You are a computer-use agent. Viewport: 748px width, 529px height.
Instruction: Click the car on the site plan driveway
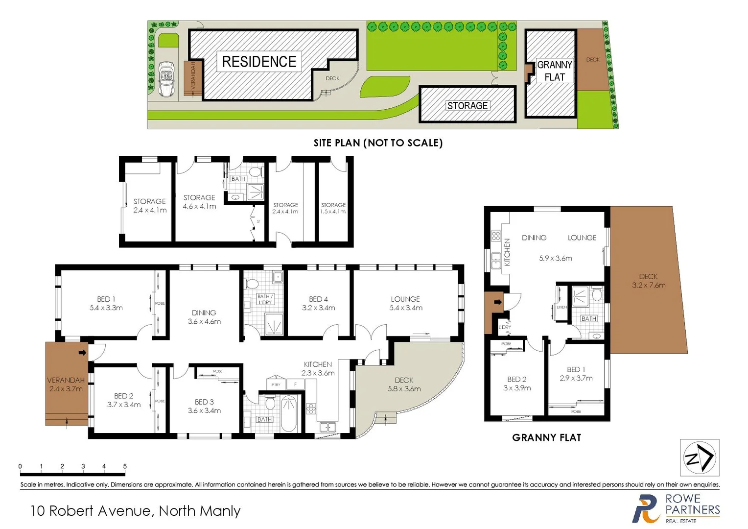tap(167, 79)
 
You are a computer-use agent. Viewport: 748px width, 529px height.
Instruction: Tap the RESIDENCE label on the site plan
tap(259, 62)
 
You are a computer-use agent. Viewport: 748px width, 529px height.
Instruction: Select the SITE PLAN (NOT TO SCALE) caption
tap(378, 143)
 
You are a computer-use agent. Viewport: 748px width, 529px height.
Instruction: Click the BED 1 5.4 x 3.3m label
tap(106, 303)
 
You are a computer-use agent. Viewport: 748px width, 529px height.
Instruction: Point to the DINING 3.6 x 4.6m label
tap(204, 317)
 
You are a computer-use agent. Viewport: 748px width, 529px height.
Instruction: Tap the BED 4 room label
tap(318, 303)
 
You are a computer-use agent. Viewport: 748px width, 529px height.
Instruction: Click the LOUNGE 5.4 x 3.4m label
tap(405, 303)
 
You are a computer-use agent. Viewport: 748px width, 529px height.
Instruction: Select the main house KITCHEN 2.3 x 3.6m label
tap(318, 368)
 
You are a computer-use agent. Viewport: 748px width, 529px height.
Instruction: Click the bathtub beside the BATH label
tap(289, 413)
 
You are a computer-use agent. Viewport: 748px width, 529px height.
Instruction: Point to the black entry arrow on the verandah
tap(82, 352)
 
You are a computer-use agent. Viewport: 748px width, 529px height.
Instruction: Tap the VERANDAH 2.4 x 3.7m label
tap(66, 384)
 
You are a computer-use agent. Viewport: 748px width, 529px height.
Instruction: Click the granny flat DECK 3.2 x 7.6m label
tap(648, 281)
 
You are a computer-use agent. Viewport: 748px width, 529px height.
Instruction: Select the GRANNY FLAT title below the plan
tap(546, 437)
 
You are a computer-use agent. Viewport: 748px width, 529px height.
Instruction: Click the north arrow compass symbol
tap(700, 457)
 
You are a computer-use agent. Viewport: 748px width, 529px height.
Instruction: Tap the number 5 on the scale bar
tap(125, 466)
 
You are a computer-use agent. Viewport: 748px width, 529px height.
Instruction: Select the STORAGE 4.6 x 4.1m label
tap(199, 201)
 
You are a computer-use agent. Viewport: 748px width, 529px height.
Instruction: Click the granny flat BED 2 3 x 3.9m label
tap(517, 383)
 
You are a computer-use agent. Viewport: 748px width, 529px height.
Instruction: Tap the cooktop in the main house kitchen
tap(311, 408)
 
